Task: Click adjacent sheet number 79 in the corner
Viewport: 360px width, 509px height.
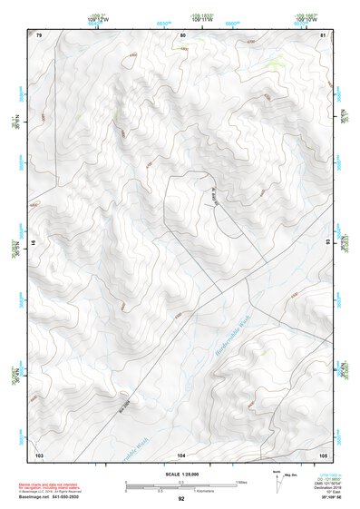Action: (x=38, y=34)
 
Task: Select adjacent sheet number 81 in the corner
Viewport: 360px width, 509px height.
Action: (x=324, y=34)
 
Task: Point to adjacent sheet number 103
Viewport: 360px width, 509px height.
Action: (x=39, y=454)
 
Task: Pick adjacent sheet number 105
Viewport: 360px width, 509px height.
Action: (x=323, y=454)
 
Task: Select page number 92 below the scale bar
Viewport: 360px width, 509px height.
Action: (x=181, y=499)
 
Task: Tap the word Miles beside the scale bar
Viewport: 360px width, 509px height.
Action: (x=240, y=482)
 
